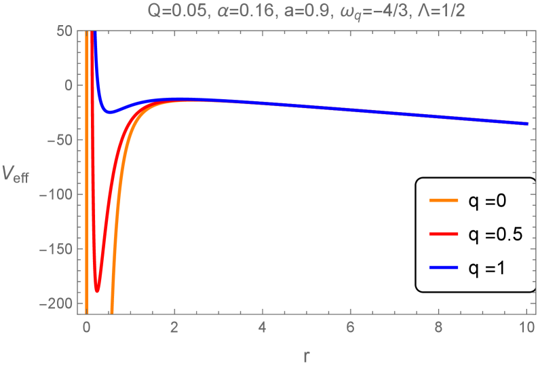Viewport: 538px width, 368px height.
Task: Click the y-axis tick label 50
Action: [x=64, y=31]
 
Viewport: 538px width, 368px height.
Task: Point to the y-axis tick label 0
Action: [x=67, y=86]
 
